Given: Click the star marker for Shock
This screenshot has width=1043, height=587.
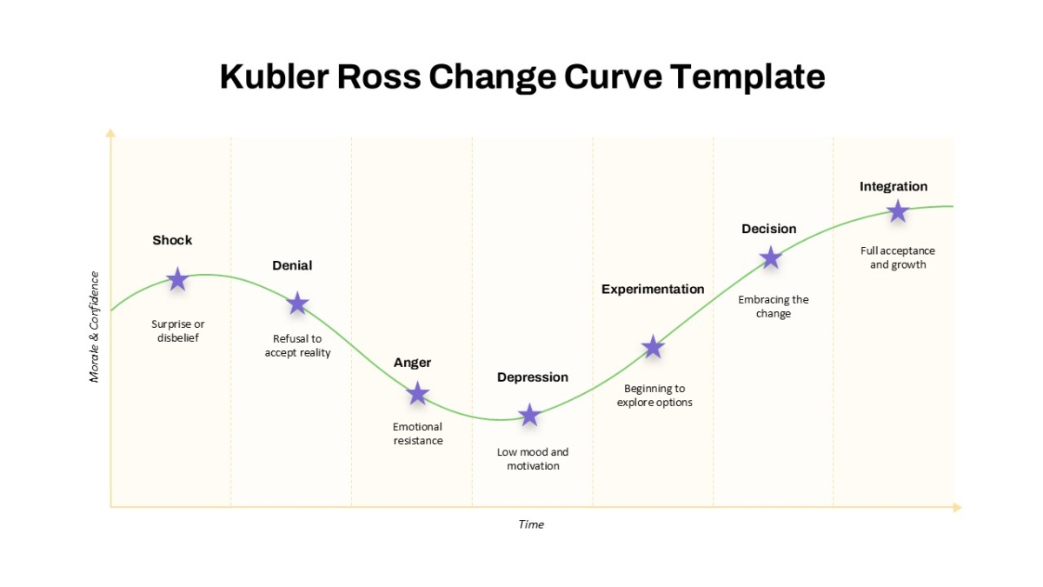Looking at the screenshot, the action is point(177,279).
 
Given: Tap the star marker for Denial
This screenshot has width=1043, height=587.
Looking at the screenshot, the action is point(297,304).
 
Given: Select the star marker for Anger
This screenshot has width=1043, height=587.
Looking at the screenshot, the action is point(418,394).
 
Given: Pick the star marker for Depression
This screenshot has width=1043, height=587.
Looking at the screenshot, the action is point(529,415).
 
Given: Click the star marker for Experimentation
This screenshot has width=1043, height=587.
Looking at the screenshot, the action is point(653,347).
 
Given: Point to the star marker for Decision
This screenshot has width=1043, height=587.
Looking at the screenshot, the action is point(771,257).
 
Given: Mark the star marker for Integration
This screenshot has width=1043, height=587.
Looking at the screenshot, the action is point(898,211).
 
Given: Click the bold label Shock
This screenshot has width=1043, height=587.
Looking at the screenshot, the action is point(172,240).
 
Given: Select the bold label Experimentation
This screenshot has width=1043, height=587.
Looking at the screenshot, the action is point(653,290).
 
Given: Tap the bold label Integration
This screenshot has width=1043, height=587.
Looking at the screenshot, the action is point(894,187).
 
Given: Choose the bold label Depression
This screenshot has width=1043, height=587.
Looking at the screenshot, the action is point(533,377).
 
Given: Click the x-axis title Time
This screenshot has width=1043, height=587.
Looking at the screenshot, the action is point(531,524).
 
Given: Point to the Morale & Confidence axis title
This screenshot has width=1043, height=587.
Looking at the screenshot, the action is point(94,327).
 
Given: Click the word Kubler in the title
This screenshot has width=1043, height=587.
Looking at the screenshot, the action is point(275,77).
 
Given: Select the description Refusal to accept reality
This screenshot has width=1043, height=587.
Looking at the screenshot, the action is point(297,346).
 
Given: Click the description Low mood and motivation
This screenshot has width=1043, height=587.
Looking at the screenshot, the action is point(533,459).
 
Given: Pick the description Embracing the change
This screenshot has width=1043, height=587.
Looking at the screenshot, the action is point(774,306).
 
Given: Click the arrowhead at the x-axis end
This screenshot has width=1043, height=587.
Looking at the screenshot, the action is point(957,507).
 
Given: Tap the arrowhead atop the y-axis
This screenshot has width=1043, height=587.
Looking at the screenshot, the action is point(110,133).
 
